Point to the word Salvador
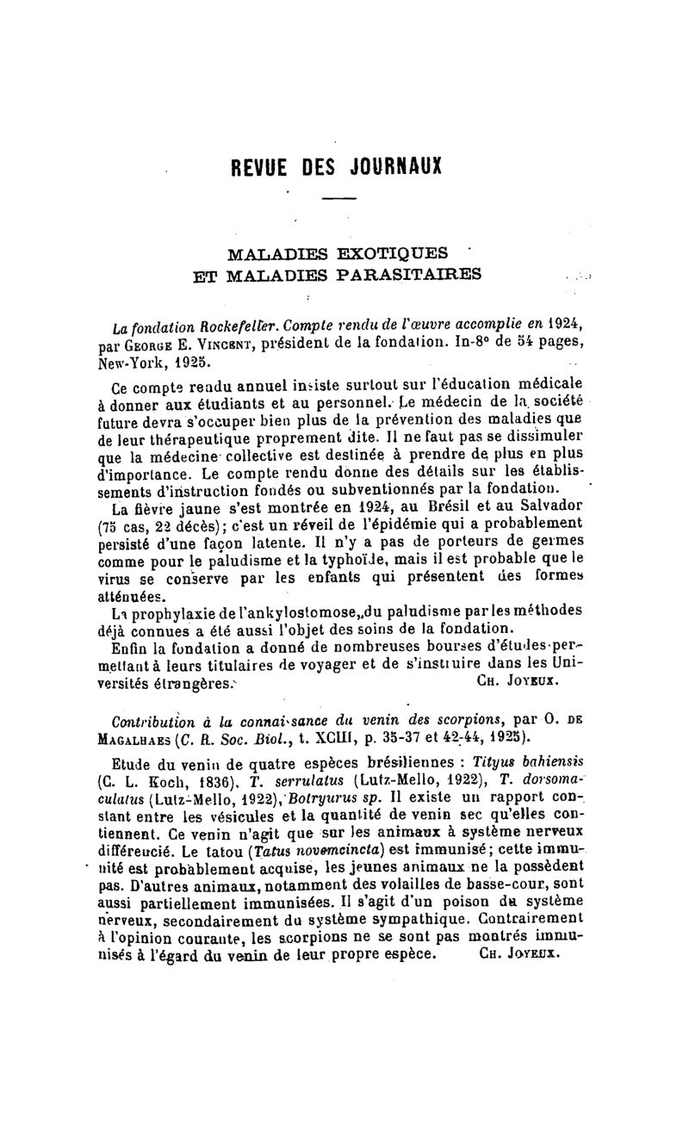[531, 508]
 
